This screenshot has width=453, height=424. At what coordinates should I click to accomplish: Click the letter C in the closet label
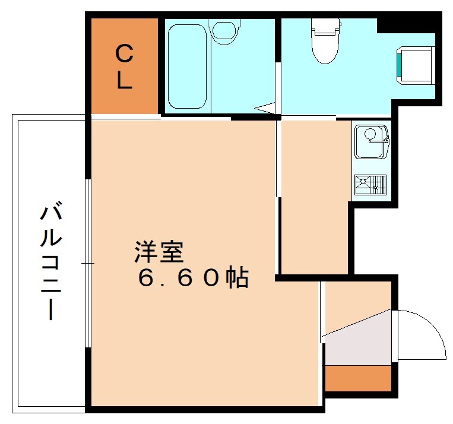click(123, 55)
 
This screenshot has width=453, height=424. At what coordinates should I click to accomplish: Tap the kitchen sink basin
click(369, 141)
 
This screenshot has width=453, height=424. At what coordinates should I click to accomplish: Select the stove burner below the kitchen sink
click(370, 185)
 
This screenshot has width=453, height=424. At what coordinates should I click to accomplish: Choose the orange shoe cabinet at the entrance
click(357, 378)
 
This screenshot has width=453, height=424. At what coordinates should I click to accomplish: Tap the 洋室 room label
click(158, 251)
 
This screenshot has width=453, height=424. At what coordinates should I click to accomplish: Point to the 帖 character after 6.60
click(237, 277)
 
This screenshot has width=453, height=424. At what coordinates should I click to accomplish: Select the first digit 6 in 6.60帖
click(145, 277)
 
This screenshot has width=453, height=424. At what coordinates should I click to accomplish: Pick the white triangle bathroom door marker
click(266, 108)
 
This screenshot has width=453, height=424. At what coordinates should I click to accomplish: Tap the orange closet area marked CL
click(124, 65)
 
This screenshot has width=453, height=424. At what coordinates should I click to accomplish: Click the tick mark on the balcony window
click(87, 262)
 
